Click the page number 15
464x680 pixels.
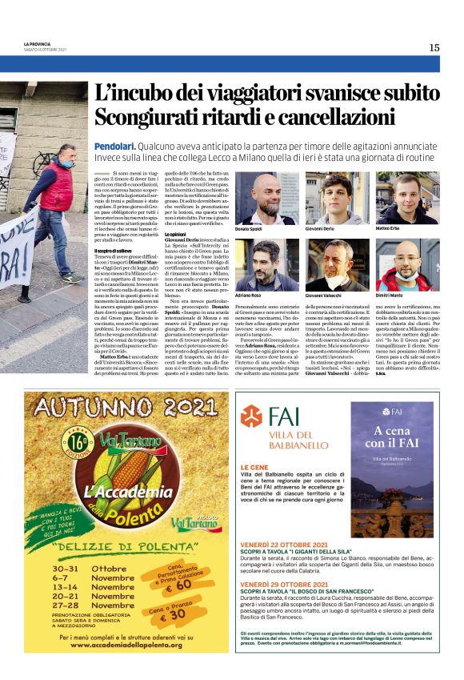[434, 47]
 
